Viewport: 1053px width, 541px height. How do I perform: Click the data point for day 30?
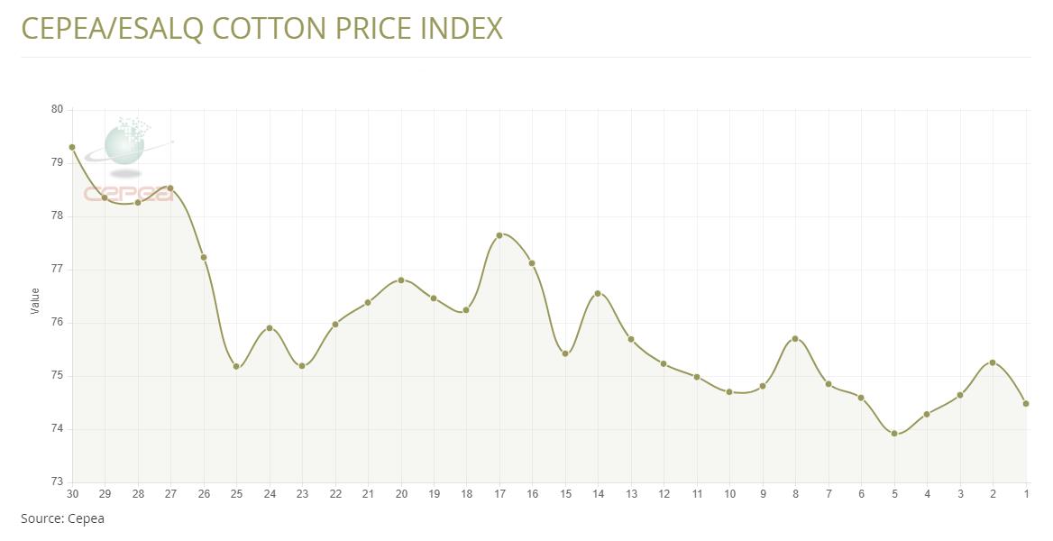coord(72,147)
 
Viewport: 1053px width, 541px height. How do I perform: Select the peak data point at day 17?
coord(499,235)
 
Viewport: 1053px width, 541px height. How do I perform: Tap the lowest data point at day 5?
coord(894,434)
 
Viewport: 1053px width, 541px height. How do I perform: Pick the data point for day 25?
coord(236,366)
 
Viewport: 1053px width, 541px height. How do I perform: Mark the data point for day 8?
coord(795,339)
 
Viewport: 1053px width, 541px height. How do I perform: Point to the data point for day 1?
coord(1026,404)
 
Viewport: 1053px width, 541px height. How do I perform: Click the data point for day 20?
coord(401,280)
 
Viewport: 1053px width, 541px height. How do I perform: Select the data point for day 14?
coord(598,293)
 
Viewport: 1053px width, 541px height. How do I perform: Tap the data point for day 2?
coord(993,362)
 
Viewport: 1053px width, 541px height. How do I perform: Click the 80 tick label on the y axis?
coord(57,109)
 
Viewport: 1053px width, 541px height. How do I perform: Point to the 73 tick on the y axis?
coord(57,482)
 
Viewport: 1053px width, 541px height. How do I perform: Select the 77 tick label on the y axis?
coord(57,269)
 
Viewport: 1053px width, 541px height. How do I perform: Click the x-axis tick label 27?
coord(170,493)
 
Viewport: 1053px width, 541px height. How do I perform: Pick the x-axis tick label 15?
coord(565,493)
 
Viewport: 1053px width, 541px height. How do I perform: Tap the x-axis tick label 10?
coord(729,493)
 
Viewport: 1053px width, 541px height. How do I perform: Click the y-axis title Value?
coord(35,300)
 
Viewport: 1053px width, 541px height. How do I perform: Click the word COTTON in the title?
coord(269,28)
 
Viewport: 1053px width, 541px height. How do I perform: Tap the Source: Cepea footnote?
coord(62,518)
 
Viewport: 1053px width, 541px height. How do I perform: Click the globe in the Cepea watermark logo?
coord(124,145)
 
